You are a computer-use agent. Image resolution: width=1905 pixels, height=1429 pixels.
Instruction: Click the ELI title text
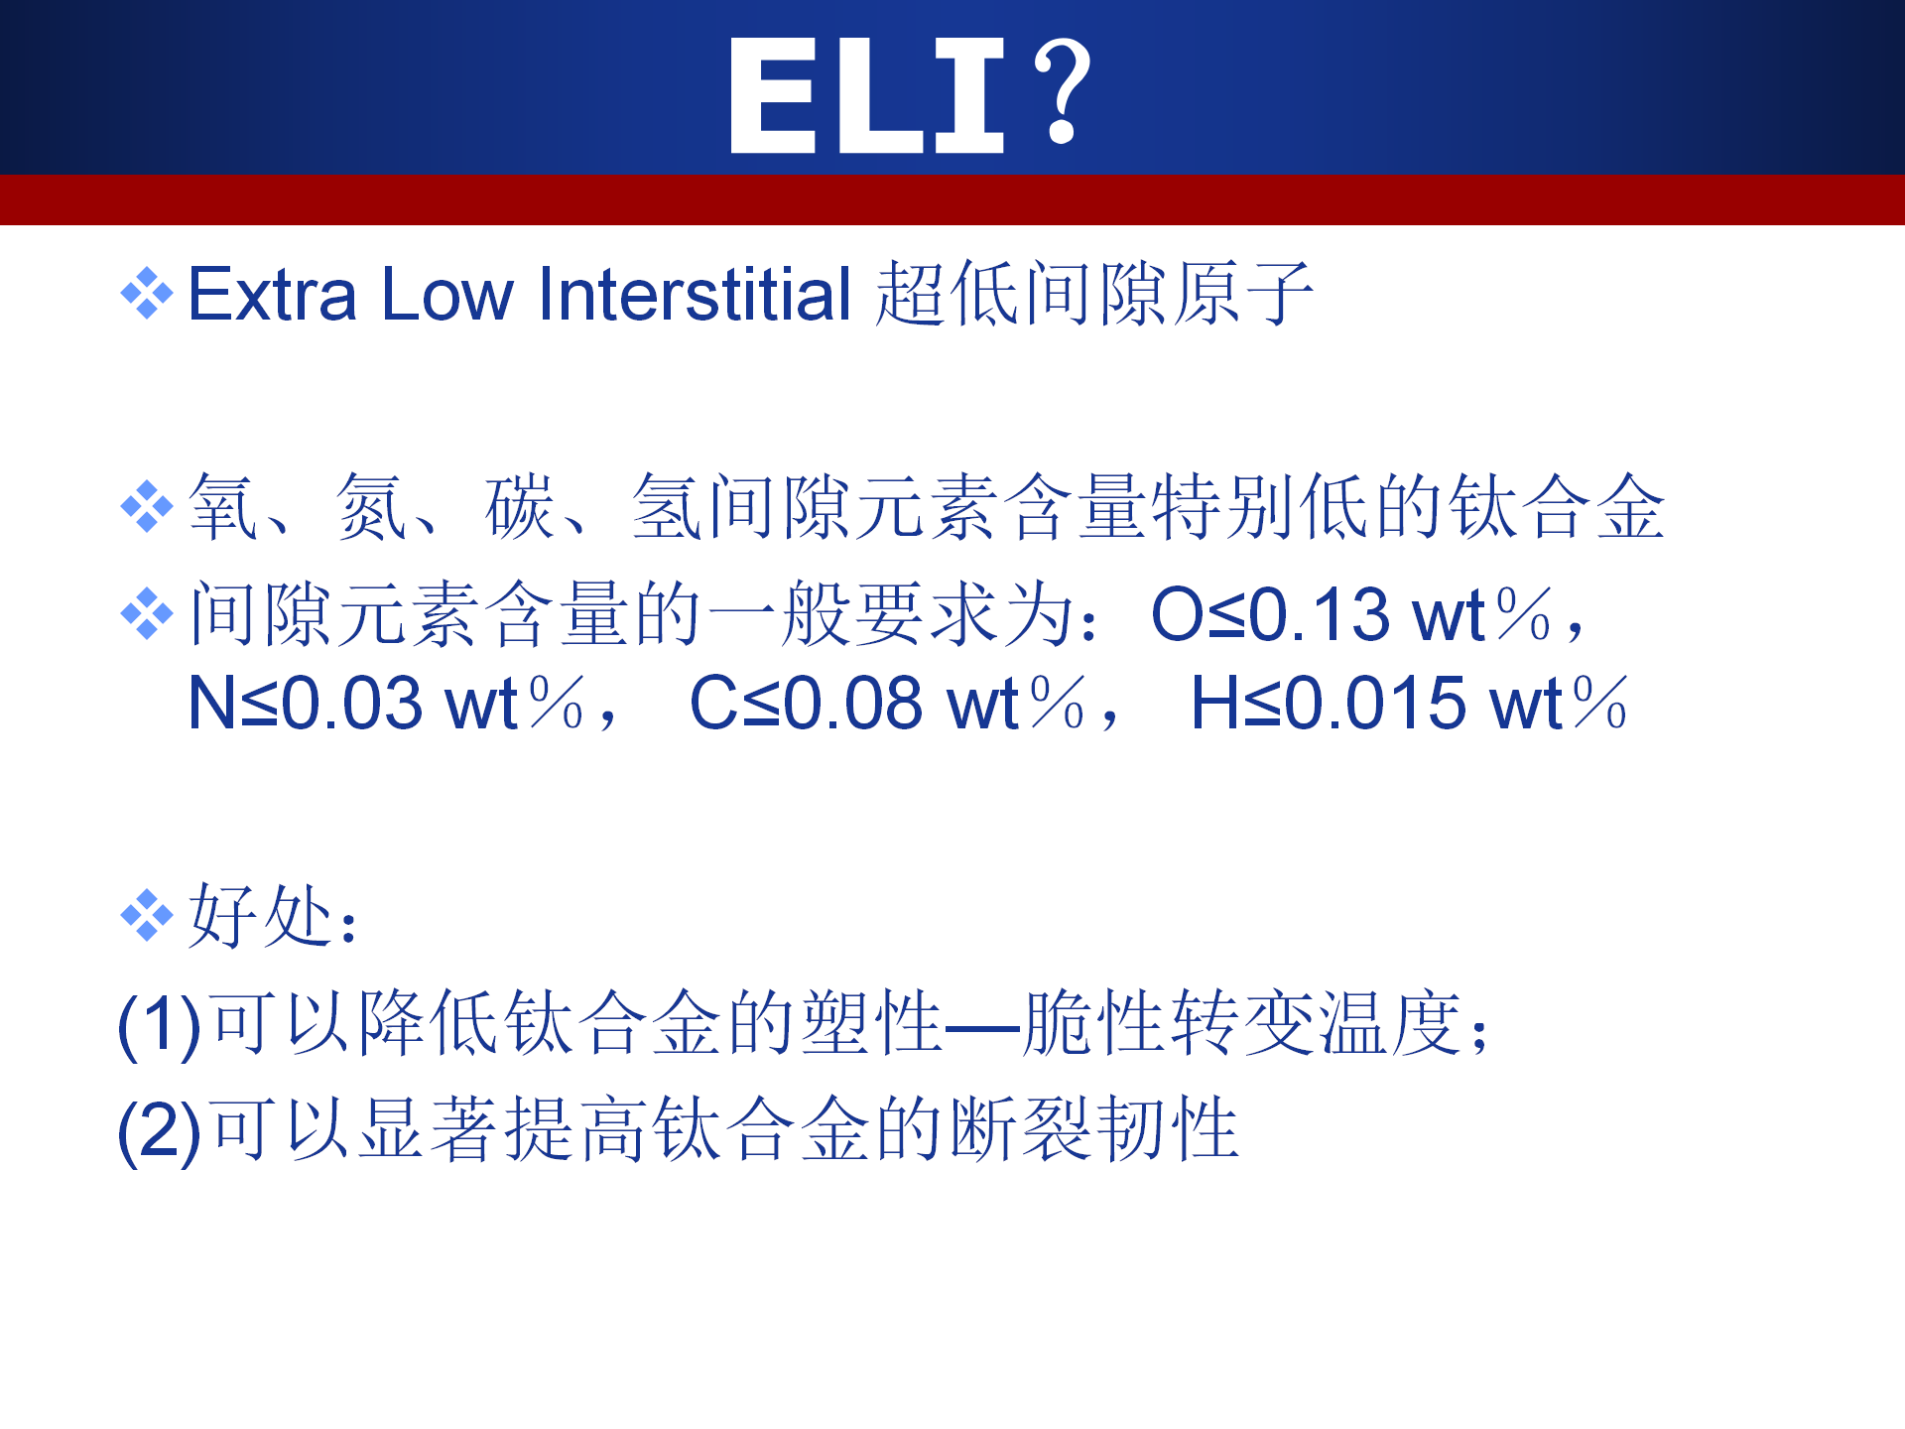(x=867, y=95)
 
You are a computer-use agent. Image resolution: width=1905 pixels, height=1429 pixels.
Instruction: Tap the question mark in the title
(x=1062, y=92)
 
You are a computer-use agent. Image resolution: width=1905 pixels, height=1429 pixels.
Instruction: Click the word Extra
(x=272, y=295)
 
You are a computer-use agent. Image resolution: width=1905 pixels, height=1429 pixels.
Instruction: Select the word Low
(x=447, y=295)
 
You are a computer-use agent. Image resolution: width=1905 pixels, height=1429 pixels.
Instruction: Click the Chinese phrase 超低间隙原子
(x=1094, y=295)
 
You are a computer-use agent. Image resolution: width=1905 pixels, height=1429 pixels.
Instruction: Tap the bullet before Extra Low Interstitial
(x=147, y=294)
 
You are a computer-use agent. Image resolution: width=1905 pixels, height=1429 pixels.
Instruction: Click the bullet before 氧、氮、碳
(x=147, y=506)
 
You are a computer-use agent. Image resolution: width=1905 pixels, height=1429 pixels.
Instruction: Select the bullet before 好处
(x=147, y=915)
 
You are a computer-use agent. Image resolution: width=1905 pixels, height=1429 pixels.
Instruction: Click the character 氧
(x=224, y=507)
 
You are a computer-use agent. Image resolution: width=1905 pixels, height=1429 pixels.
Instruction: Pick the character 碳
(x=519, y=507)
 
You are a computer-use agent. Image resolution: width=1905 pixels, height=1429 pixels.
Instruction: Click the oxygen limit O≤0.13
(x=1270, y=615)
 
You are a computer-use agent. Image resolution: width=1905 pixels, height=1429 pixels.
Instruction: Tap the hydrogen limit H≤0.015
(x=1329, y=704)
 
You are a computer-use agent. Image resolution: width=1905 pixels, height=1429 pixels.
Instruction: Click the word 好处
(x=260, y=915)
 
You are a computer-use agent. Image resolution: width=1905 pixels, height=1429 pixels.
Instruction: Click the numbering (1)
(x=160, y=1025)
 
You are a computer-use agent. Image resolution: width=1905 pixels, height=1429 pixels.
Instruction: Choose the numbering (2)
(x=160, y=1132)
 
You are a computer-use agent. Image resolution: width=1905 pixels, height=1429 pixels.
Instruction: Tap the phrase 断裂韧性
(x=1094, y=1130)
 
